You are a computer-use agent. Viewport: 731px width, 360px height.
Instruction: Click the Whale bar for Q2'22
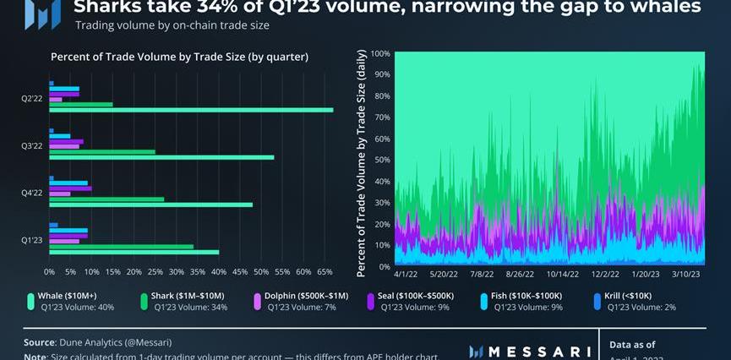tap(191, 110)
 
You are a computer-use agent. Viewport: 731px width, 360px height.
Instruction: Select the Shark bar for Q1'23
tap(122, 247)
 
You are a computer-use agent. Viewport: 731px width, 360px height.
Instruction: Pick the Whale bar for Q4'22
tap(151, 205)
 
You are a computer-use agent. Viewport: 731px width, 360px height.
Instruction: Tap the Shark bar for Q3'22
tap(102, 152)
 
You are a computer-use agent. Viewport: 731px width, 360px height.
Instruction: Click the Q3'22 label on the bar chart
tap(31, 146)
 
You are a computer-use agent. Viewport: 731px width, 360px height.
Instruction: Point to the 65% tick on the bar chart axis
tap(325, 272)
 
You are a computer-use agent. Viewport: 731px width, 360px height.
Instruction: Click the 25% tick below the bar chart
tap(155, 272)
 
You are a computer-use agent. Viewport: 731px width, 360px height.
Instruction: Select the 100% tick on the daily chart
tap(379, 53)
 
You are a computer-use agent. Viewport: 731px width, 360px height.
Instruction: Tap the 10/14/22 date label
tap(563, 274)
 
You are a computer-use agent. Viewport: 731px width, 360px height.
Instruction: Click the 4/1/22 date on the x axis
tap(406, 274)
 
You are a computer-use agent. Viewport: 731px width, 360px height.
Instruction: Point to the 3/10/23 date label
tap(686, 274)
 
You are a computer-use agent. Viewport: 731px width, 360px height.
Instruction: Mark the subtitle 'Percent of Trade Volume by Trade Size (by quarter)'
tap(179, 57)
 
